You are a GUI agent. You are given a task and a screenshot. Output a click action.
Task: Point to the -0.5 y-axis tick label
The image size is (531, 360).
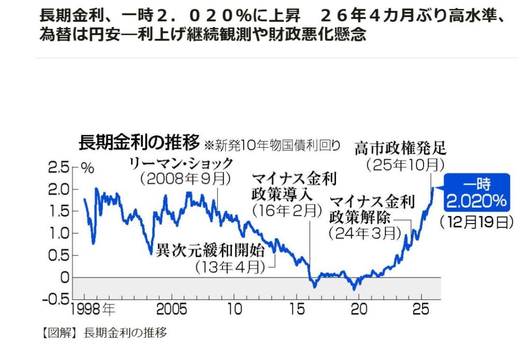click(x=56, y=299)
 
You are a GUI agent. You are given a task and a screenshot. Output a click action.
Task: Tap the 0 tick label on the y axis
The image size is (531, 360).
click(x=64, y=277)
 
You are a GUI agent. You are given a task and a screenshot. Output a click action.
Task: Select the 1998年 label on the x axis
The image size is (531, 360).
click(x=94, y=310)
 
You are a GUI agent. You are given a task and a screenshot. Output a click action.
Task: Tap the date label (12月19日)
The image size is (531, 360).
click(x=477, y=222)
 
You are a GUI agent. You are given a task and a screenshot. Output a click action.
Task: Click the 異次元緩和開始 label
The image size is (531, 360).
click(x=211, y=251)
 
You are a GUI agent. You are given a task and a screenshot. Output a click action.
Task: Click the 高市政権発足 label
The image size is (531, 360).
click(x=400, y=149)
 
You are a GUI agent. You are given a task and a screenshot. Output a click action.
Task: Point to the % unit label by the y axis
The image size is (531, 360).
click(x=87, y=168)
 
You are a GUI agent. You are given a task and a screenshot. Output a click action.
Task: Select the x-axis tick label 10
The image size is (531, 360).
click(x=234, y=310)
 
